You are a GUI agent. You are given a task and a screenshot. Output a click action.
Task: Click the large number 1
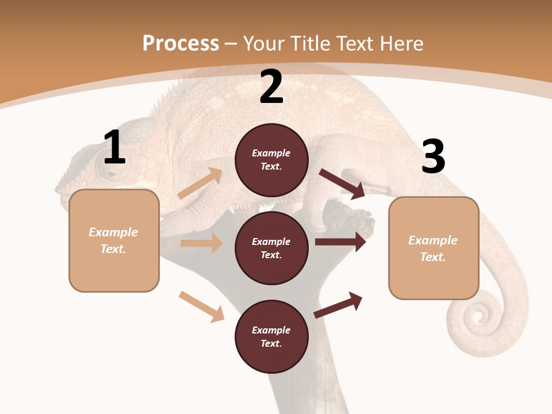click(114, 148)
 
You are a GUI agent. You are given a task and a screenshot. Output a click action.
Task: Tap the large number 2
click(271, 87)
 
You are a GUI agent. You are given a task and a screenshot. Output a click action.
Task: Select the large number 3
click(433, 157)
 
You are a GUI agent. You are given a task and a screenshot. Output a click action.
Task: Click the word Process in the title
click(181, 43)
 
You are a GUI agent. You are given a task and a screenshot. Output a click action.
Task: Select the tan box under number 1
click(114, 240)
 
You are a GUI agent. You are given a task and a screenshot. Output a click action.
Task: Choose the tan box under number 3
click(434, 248)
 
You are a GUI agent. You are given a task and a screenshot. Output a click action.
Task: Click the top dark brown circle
click(271, 160)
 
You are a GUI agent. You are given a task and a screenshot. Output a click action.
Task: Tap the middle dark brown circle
click(271, 248)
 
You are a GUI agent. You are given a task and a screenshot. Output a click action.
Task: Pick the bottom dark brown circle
click(271, 336)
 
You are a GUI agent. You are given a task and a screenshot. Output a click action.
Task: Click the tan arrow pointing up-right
click(200, 183)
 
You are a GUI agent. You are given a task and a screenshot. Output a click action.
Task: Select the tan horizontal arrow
click(201, 243)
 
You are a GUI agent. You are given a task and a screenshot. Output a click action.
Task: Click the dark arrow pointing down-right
click(342, 183)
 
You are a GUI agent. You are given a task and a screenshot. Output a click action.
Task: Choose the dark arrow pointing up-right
click(338, 305)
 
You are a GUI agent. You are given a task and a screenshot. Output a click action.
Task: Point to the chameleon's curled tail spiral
click(477, 316)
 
